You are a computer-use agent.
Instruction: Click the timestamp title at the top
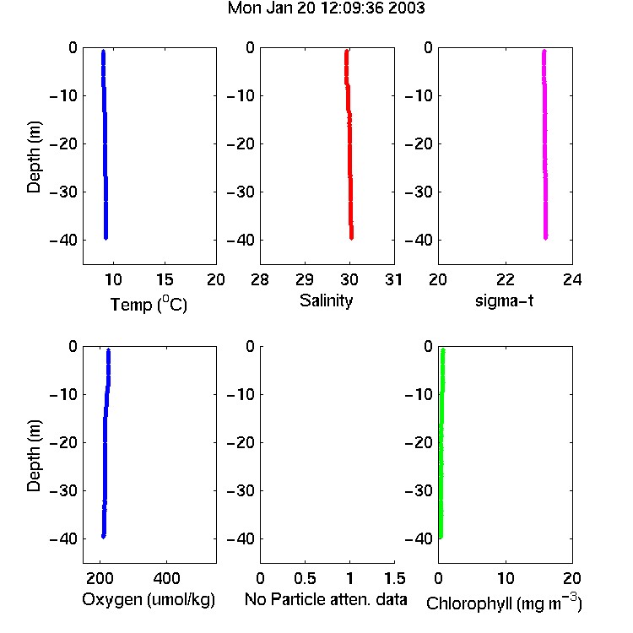[x=326, y=8]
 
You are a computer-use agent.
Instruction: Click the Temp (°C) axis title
[x=149, y=304]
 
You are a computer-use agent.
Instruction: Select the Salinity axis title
[x=326, y=300]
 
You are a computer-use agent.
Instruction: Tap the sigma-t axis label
[x=504, y=300]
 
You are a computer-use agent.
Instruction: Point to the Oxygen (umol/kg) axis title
[x=149, y=600]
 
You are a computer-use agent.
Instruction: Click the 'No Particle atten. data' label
[x=326, y=599]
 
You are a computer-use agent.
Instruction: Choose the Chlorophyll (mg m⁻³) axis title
[x=504, y=603]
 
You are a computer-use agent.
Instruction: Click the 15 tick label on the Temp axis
[x=165, y=279]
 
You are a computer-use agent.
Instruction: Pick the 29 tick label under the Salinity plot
[x=305, y=279]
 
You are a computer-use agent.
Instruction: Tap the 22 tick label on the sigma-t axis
[x=506, y=279]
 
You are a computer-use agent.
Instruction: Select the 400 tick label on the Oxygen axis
[x=166, y=578]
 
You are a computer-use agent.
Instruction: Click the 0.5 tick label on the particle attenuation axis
[x=305, y=578]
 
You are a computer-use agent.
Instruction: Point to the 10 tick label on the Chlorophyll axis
[x=506, y=578]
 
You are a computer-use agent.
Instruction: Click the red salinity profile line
[x=349, y=143]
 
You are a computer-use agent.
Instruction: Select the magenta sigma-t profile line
[x=544, y=143]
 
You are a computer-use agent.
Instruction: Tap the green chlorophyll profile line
[x=441, y=443]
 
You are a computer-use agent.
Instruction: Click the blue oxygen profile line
[x=105, y=443]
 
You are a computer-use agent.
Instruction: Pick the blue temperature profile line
[x=105, y=143]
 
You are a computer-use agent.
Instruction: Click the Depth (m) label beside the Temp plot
[x=34, y=157]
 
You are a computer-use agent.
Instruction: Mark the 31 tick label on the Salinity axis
[x=393, y=279]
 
